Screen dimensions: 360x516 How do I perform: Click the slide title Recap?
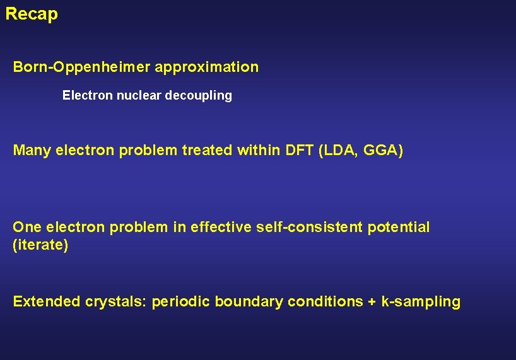click(32, 14)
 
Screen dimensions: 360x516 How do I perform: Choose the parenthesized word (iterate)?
click(40, 245)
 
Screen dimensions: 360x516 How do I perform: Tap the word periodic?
click(181, 302)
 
